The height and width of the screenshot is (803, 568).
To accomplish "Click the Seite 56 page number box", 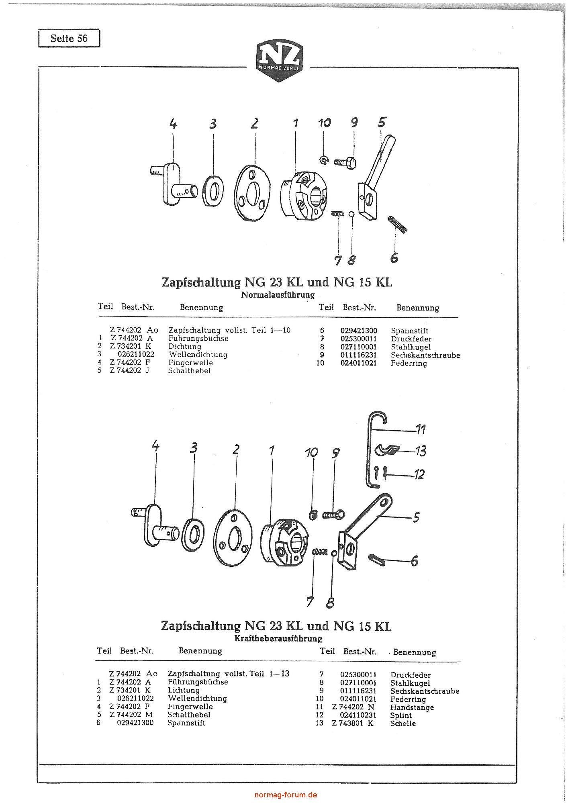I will point(69,39).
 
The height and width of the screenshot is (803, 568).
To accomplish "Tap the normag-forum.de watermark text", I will point(286,795).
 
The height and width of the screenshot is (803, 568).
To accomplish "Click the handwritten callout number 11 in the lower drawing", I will point(420,430).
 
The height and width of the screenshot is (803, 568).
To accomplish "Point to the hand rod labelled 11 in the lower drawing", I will point(370,450).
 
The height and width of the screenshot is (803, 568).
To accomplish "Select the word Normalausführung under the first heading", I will point(278,295).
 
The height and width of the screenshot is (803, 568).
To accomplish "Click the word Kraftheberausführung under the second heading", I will point(278,639).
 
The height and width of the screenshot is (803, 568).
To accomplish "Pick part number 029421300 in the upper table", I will point(359,331).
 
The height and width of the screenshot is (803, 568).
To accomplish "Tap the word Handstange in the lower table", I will point(412,707).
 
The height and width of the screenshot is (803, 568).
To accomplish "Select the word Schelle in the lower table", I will point(403,723).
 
